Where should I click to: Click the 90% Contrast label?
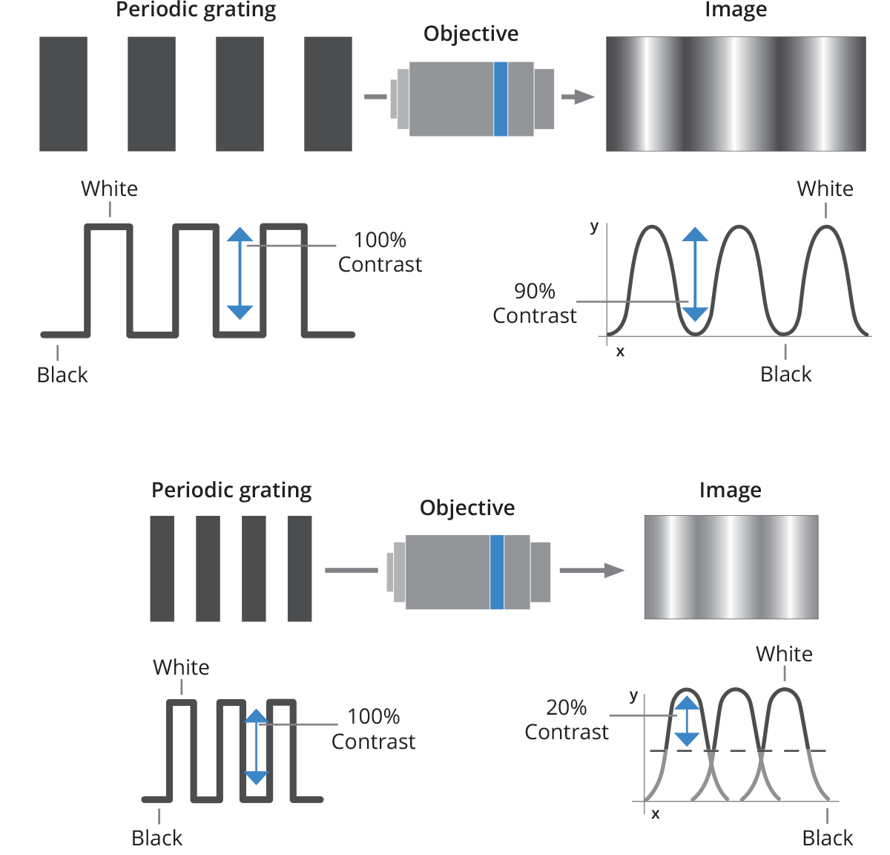point(534,304)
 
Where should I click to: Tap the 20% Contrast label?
point(566,720)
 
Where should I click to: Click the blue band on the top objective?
point(501,99)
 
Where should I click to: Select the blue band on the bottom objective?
point(497,571)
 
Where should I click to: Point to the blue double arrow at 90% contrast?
point(695,275)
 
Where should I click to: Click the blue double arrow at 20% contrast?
point(688,721)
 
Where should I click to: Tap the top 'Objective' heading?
point(471,33)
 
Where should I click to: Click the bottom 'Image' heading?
point(730,490)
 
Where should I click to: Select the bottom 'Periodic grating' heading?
point(231,490)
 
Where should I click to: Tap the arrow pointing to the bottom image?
point(593,570)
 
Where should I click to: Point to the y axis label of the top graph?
point(594,226)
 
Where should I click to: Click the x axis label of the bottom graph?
point(656,814)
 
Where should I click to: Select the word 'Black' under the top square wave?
point(62,375)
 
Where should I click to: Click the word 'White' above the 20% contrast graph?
point(784,654)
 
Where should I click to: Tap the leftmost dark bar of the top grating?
point(63,94)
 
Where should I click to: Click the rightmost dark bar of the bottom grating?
point(300,569)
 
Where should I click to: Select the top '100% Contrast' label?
point(380,252)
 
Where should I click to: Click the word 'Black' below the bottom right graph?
point(828,838)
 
